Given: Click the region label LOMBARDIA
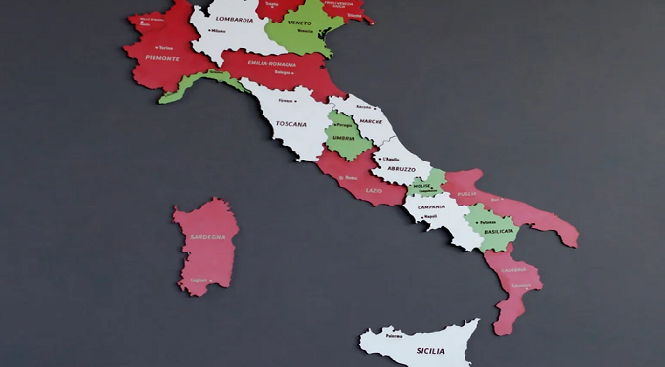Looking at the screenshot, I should coord(235,19).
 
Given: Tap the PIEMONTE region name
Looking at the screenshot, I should coord(162,58).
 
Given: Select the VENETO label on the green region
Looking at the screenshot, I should coord(300,23).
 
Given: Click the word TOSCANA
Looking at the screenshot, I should coord(291,124).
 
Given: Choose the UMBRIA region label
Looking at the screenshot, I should coord(343,138).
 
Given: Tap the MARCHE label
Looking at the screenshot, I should coord(371,121).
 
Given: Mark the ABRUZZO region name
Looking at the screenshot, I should coord(401,169).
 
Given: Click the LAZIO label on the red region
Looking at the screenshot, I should coord(374,190).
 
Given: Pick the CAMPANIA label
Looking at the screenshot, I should coord(431,206).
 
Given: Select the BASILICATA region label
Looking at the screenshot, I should coord(499,232).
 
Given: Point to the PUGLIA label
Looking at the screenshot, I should coord(466,194).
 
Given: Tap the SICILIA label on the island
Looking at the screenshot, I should coord(430,350).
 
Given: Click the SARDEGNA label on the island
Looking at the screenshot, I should coord(207,237).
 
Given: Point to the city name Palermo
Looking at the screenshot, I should coord(394,336).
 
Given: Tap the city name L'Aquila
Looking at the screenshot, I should coord(391,159).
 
